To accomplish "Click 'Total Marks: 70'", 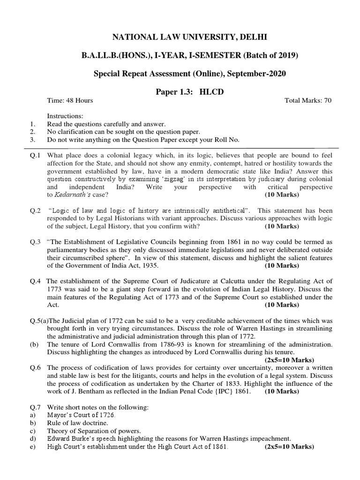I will pyautogui.click(x=308, y=100).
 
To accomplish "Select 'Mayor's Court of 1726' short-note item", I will pyautogui.click(x=81, y=415).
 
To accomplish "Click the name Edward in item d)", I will pyautogui.click(x=59, y=439).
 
